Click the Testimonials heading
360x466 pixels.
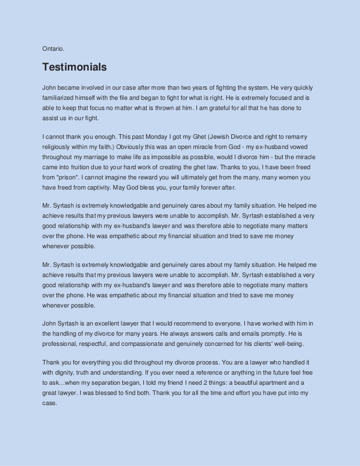[x=74, y=68]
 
